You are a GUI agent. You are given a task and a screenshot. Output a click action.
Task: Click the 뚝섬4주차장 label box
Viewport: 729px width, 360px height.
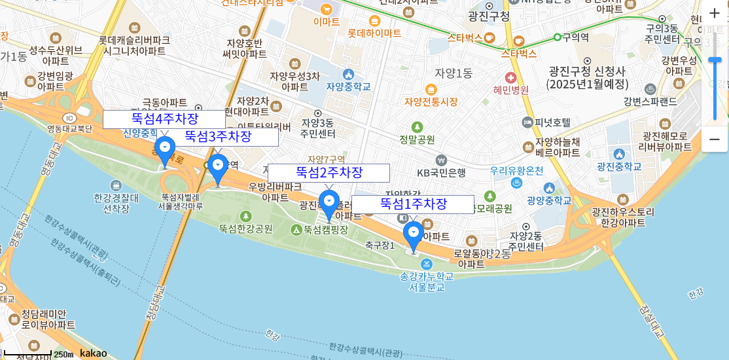point(164,119)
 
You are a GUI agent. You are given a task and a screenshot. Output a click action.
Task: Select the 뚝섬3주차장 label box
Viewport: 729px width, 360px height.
point(218,137)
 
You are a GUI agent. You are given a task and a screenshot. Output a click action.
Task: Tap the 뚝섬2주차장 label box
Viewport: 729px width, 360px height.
point(329,173)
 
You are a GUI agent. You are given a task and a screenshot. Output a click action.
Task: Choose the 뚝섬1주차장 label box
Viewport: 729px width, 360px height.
point(413,204)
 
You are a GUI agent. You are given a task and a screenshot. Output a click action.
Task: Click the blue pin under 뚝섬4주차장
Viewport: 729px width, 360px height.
point(165,150)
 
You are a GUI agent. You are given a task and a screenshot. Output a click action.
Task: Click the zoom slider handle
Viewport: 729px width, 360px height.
point(715,60)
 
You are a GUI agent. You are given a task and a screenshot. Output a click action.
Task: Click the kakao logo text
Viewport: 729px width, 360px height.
point(93,353)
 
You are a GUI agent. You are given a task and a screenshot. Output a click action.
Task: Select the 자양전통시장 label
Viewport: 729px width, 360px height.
point(431,101)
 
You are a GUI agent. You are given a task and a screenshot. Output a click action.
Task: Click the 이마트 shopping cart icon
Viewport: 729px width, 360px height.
point(327,9)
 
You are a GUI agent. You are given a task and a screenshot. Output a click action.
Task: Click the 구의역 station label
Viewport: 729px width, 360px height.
point(576,37)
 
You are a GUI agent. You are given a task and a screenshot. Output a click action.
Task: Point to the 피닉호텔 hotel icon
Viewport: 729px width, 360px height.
point(527,122)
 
